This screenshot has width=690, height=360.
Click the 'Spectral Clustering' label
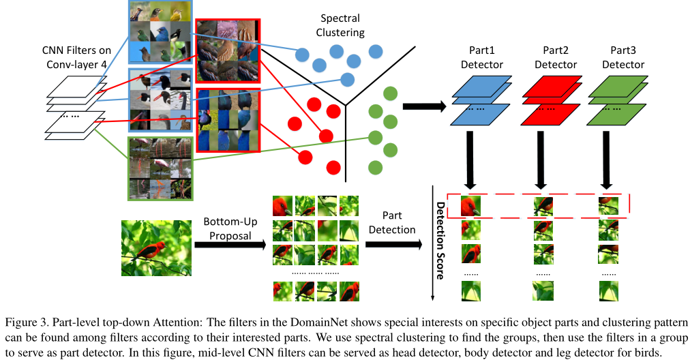click(341, 25)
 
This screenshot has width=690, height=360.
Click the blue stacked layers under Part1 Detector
click(482, 99)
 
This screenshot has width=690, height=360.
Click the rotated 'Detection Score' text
click(440, 240)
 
